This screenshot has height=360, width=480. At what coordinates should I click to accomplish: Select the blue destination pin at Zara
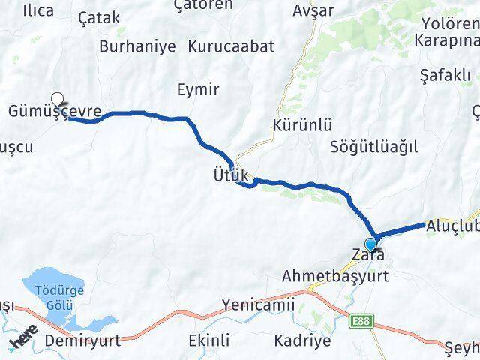[x=370, y=244]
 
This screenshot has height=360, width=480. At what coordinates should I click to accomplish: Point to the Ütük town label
[x=229, y=175]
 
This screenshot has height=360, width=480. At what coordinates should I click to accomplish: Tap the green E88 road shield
[x=361, y=321]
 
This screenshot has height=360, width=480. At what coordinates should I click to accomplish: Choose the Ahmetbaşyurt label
[x=335, y=276]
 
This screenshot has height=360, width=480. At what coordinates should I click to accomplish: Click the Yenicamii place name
[x=258, y=304]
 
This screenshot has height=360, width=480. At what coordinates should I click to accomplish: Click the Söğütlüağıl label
[x=373, y=146]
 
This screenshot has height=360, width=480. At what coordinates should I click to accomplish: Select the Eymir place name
[x=198, y=90]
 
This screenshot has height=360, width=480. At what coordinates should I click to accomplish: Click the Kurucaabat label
[x=231, y=46]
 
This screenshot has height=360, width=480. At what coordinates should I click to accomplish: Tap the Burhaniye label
[x=137, y=46]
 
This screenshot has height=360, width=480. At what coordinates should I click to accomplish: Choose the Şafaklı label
[x=445, y=75]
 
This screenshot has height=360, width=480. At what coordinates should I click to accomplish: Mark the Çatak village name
[x=98, y=18]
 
